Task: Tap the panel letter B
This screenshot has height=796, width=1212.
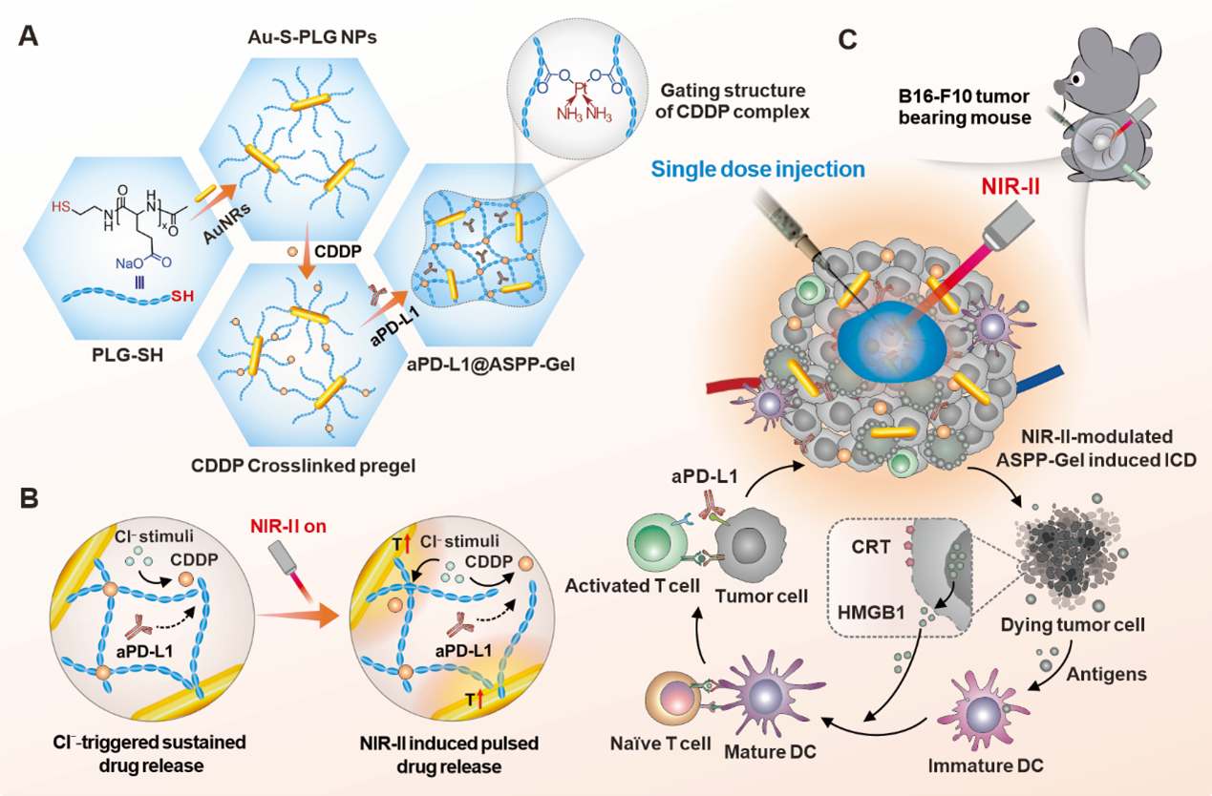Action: coord(29,497)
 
